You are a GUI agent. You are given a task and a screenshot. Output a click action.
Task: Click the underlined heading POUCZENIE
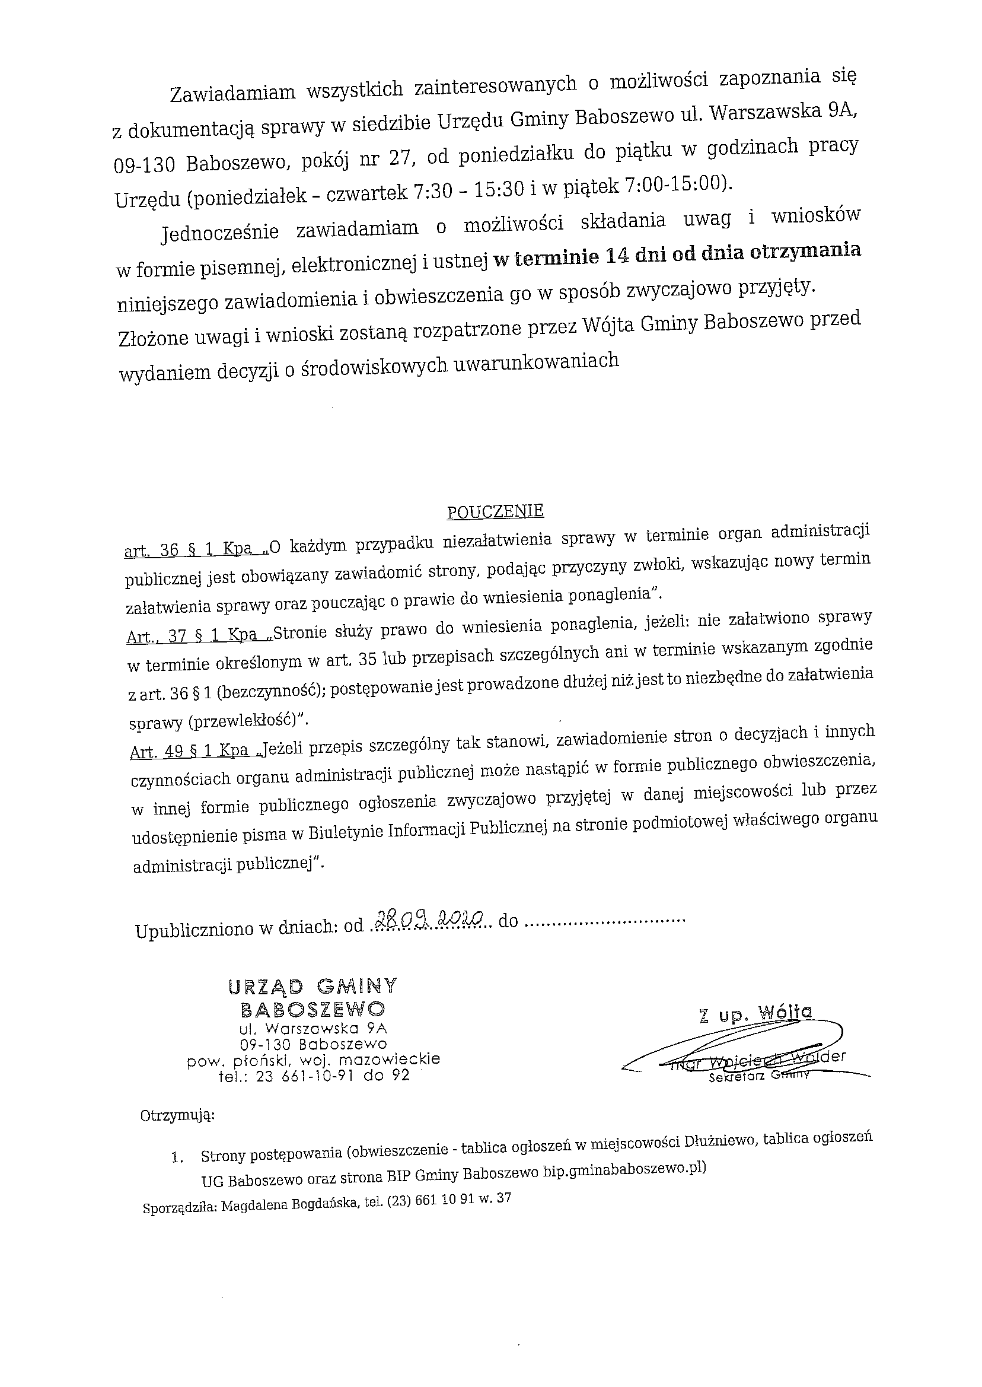(x=495, y=512)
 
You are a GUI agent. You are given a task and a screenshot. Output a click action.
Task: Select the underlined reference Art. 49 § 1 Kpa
(x=189, y=751)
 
